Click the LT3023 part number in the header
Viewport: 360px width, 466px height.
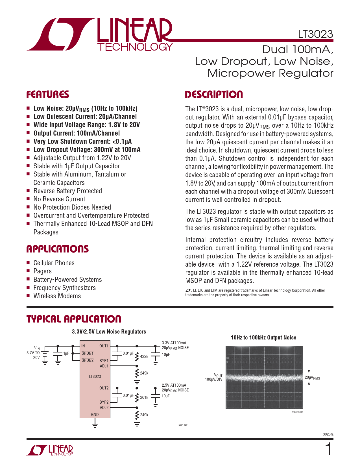315,34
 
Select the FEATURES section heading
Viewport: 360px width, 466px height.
48,95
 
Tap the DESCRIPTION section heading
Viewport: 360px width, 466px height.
214,95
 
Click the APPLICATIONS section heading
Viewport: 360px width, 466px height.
58,249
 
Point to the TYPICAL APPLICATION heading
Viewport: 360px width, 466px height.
74,319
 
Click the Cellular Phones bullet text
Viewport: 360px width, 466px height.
54,263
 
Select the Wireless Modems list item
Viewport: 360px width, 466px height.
57,296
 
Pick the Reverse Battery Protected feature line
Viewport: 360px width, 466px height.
67,191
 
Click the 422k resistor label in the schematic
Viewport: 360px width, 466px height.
144,356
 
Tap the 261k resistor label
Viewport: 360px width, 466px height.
144,397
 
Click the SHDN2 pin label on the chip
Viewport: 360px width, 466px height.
88,360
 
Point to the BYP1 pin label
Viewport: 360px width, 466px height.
104,361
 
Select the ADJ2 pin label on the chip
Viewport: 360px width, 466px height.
104,408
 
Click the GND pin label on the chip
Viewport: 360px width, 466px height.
95,415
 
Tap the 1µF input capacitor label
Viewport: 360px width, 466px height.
66,354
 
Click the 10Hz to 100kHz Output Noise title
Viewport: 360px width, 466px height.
263,337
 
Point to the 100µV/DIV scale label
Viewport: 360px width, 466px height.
214,379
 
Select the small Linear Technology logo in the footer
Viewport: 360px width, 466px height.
50,450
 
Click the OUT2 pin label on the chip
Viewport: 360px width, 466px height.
104,388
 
